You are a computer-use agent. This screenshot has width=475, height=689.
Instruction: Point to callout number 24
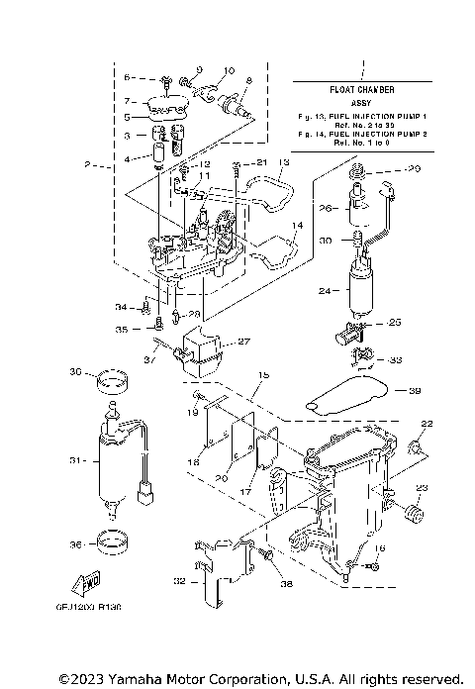[x=323, y=291]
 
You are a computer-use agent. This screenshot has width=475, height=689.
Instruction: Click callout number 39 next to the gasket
[x=416, y=390]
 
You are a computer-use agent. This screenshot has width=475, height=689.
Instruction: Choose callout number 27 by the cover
[x=243, y=342]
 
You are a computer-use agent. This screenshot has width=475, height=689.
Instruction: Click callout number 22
[x=427, y=424]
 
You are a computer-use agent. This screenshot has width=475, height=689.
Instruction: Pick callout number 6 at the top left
[x=127, y=77]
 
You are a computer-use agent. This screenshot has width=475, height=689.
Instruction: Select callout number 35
[x=121, y=329]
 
